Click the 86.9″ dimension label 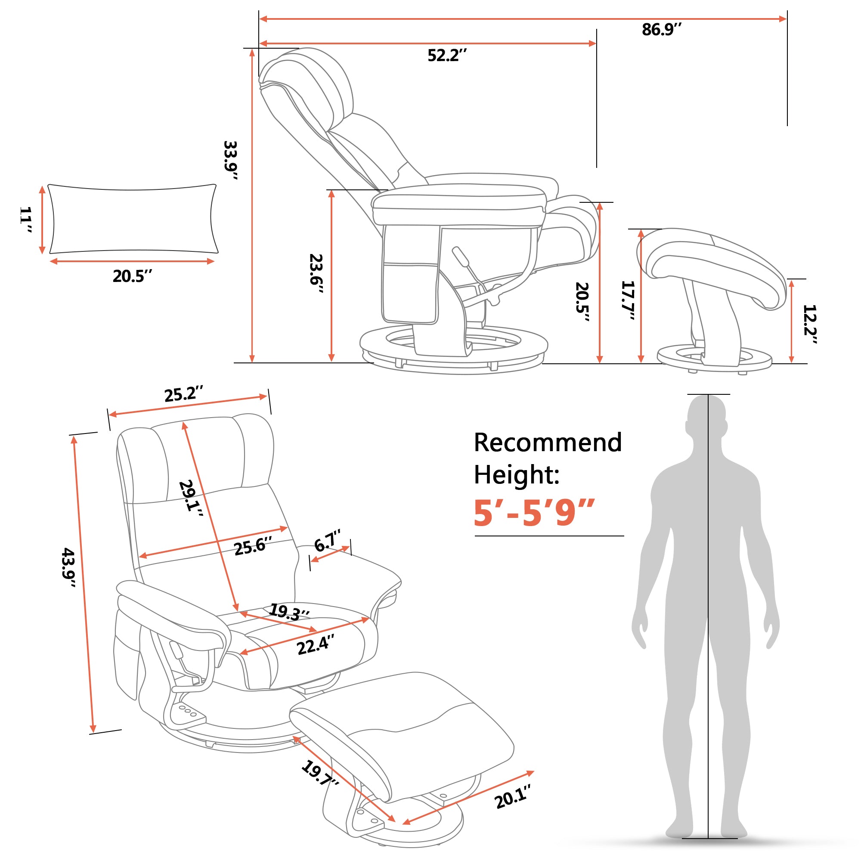(661, 30)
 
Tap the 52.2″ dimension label (447, 56)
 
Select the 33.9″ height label (230, 160)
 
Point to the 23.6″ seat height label (316, 273)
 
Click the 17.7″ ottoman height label (628, 300)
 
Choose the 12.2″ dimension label (809, 324)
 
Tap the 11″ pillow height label (26, 219)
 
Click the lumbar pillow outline (132, 219)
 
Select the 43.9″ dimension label (68, 567)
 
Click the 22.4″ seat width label (316, 645)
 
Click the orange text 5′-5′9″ (534, 513)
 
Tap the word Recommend (548, 443)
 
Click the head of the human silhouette (707, 417)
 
